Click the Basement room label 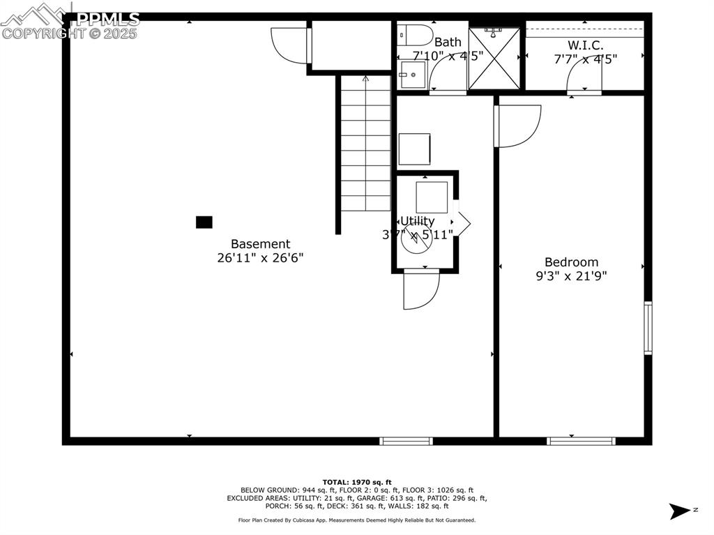coord(260,244)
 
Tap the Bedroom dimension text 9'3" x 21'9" coord(572,276)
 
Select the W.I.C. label coord(585,45)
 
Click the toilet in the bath coord(416,35)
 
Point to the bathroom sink coord(411,74)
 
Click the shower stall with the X coord(494,59)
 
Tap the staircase coord(365,143)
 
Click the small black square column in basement coord(204,223)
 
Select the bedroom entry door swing coord(518,126)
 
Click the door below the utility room coord(420,288)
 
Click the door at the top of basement coord(290,45)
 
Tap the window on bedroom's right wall coord(648,328)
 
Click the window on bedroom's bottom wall coord(581,441)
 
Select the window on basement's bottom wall coord(406,441)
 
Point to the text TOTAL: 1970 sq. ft coord(357,482)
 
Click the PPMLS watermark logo coord(70,21)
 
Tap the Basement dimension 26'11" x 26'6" coord(260,257)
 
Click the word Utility coord(417,221)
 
